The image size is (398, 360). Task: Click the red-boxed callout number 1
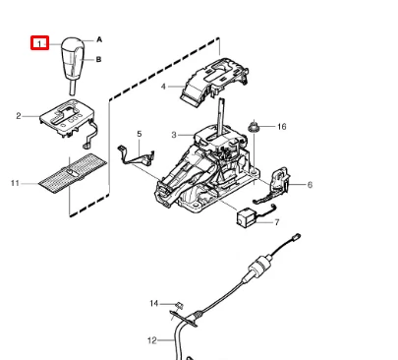[39, 43]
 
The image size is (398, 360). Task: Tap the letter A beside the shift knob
[99, 39]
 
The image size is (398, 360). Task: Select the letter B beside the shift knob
[98, 59]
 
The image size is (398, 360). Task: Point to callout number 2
[19, 116]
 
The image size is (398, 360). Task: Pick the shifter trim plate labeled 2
[67, 119]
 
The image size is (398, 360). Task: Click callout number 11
[15, 183]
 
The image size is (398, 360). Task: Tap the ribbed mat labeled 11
[73, 173]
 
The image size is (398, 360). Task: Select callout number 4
[163, 87]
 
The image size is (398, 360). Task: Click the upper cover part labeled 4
[214, 82]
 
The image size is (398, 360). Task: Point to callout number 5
[140, 134]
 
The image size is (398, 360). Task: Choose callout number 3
[174, 135]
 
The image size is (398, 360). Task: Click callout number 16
[282, 127]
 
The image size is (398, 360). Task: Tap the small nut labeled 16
[254, 126]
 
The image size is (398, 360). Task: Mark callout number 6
[310, 185]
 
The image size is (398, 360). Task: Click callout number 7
[277, 222]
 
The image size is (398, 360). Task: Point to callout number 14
[154, 304]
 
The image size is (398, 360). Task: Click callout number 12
[152, 340]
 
